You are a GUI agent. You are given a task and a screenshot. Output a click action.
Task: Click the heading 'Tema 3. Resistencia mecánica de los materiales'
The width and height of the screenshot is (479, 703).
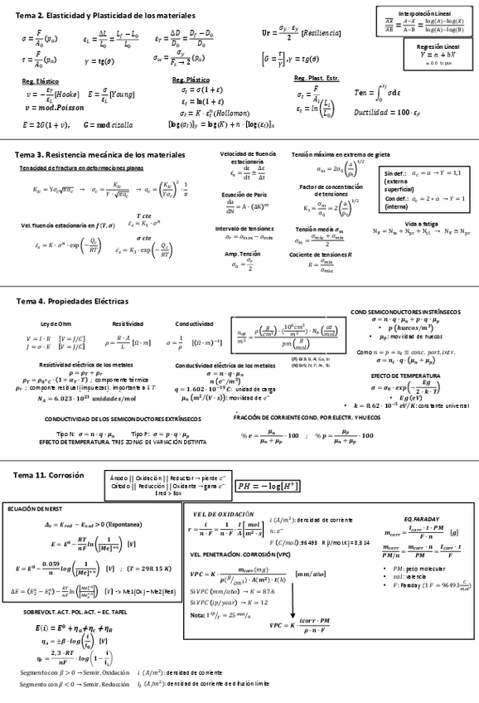point(100,154)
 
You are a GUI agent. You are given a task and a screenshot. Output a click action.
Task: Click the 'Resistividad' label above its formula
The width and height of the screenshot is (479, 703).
point(128,323)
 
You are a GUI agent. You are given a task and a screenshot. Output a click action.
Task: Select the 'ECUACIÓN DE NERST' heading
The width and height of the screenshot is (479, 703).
point(29,507)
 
